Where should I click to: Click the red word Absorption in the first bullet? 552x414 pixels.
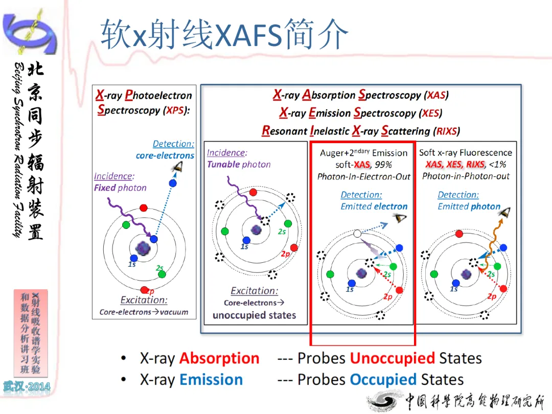click(x=219, y=358)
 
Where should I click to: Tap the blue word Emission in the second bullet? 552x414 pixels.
click(x=211, y=379)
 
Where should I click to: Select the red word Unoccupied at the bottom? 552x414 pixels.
click(x=393, y=359)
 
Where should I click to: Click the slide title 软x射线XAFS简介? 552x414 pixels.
click(x=224, y=34)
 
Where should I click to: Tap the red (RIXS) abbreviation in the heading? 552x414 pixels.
click(x=446, y=131)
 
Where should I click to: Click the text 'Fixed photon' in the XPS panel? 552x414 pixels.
click(x=120, y=188)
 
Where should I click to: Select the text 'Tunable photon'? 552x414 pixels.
click(x=239, y=165)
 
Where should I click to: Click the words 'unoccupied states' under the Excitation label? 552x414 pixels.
click(x=254, y=315)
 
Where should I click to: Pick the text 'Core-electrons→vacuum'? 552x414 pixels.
click(x=144, y=312)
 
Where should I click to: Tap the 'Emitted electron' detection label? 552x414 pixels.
click(x=374, y=206)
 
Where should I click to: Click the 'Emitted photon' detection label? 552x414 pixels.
click(x=469, y=206)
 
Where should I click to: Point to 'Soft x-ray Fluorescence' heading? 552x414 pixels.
click(x=466, y=152)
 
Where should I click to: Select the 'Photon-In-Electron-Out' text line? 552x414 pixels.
click(x=364, y=176)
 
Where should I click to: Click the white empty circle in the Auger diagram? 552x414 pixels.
click(x=357, y=234)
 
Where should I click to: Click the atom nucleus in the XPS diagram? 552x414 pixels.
click(x=143, y=248)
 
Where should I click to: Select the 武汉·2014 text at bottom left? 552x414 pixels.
click(x=27, y=387)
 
